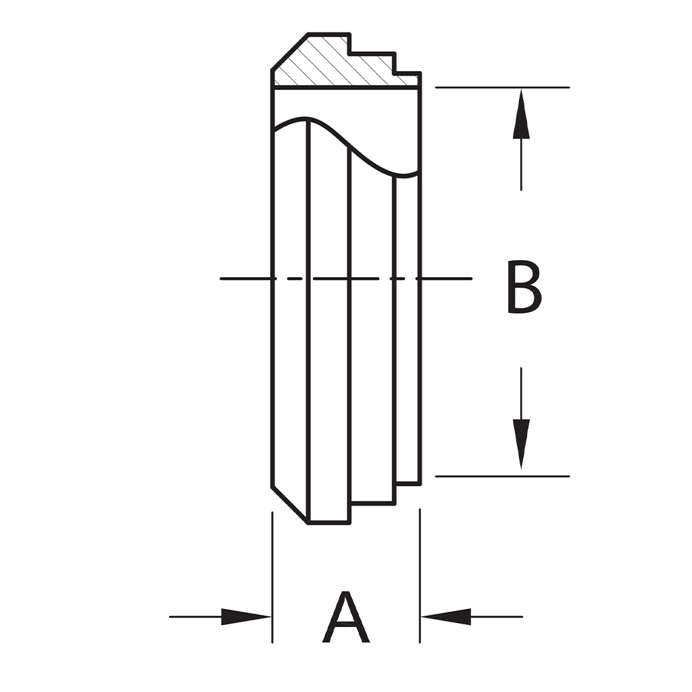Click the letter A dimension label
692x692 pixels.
pos(346,618)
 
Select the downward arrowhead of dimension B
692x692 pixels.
pos(521,443)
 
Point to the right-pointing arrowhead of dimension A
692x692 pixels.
pos(246,616)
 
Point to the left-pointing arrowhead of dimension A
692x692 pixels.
pos(446,616)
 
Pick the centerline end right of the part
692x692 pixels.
pos(453,278)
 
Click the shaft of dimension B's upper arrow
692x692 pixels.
pos(521,166)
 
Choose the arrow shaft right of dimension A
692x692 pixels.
pos(497,616)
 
